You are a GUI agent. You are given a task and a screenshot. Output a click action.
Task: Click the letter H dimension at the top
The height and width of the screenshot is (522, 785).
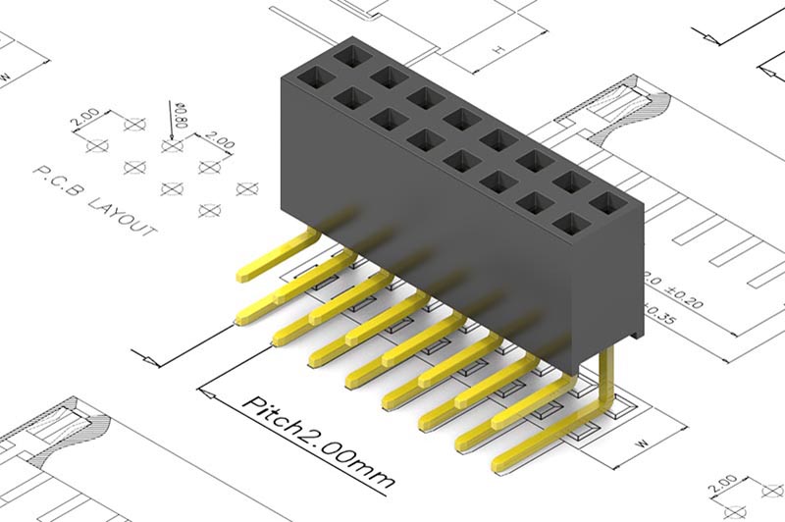pyautogui.click(x=498, y=47)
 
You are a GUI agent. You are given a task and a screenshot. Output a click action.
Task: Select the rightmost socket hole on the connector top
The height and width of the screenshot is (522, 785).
pyautogui.click(x=607, y=203)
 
